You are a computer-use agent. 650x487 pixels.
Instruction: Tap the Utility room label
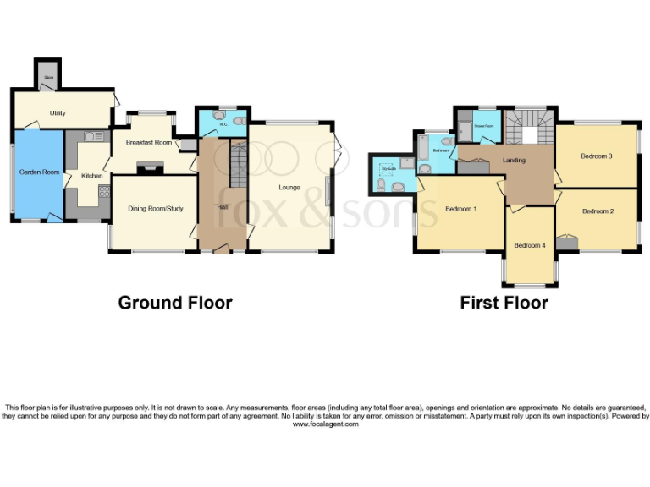tap(58, 112)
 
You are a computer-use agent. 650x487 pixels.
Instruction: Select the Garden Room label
tap(39, 172)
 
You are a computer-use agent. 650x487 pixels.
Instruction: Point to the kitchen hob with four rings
tap(103, 192)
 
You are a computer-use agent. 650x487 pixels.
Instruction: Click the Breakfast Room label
tap(149, 142)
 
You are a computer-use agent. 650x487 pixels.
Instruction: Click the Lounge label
tap(291, 187)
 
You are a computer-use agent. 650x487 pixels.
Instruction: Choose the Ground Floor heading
tap(174, 303)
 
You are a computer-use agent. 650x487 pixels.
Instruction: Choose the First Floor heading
tap(504, 303)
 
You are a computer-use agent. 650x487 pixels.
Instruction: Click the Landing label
tap(514, 160)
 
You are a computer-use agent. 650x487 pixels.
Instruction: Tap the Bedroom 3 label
tap(596, 156)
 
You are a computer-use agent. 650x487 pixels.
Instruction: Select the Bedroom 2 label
tap(598, 211)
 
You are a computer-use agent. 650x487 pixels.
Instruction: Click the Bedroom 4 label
tap(530, 245)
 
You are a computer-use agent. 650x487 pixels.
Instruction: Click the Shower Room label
tap(483, 126)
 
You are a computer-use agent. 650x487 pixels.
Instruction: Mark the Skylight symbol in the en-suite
tap(388, 168)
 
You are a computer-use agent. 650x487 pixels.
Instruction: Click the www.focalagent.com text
tap(325, 424)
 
